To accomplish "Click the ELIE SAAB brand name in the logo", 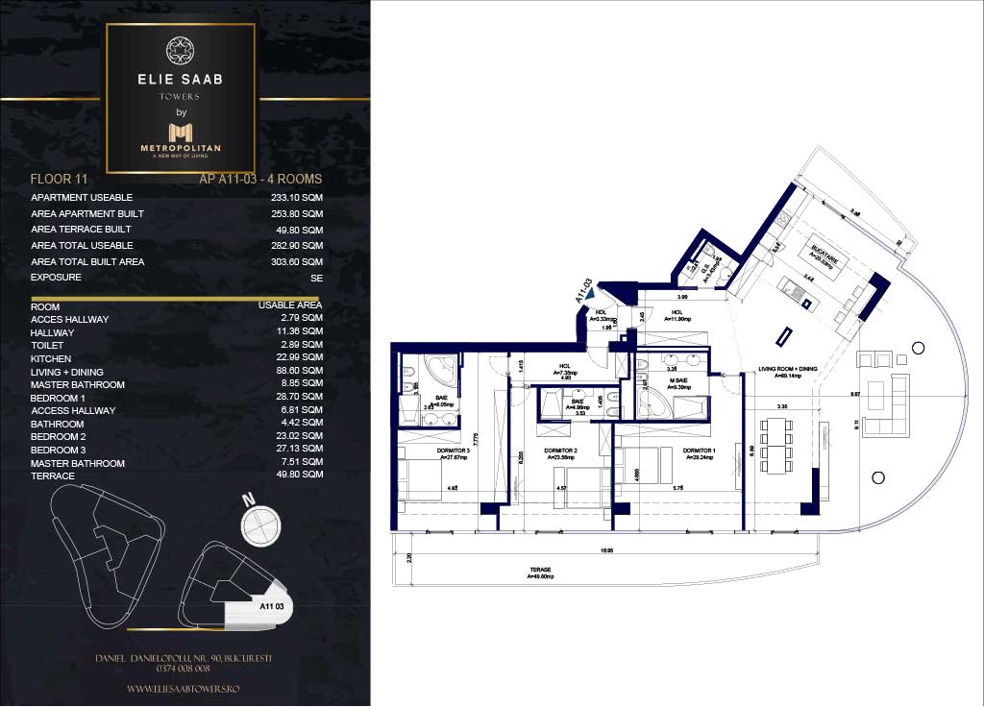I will point(181,80).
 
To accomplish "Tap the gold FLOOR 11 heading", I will point(60,179).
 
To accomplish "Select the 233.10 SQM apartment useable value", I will point(297,197).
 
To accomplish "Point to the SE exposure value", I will point(316,278).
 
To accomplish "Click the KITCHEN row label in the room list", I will point(51,358).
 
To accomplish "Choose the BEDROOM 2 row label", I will point(58,437).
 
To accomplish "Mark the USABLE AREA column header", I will point(289,305).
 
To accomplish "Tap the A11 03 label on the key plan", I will point(274,606).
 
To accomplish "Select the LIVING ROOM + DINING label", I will point(788,369).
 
